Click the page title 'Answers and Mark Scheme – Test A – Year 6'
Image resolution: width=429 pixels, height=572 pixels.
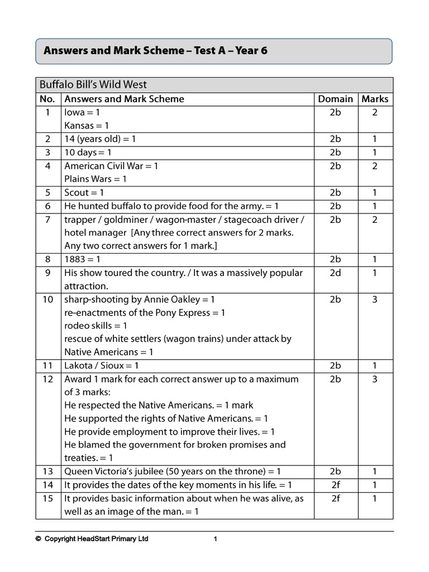155,51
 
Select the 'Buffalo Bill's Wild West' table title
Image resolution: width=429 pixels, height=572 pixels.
93,85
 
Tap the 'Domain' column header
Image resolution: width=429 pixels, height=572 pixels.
335,99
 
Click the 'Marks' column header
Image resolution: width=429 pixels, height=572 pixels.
375,99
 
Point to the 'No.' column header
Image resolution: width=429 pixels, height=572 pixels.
48,99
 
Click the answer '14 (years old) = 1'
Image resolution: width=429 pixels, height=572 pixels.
100,139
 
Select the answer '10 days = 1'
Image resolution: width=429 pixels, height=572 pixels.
88,152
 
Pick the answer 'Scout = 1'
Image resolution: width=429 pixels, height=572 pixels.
84,193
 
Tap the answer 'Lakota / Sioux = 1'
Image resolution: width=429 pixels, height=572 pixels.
102,366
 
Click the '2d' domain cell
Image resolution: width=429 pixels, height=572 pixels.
335,273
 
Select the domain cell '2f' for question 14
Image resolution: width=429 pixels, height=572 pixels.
335,485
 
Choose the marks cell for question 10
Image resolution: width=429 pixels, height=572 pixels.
375,299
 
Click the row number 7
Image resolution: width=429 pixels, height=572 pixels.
48,220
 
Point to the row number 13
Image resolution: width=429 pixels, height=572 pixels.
48,471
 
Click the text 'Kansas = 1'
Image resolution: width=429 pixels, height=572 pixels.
87,126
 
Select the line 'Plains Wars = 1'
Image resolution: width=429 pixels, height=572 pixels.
96,179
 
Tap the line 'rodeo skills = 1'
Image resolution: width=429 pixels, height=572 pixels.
96,326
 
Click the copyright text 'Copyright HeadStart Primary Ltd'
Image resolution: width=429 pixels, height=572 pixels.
96,539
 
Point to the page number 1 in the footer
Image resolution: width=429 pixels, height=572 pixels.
215,539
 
